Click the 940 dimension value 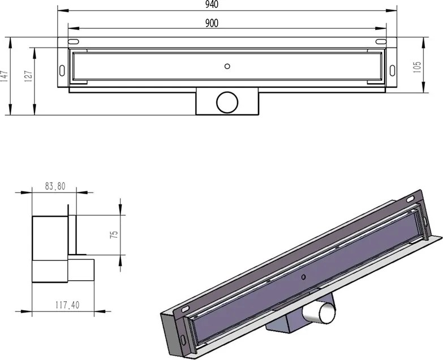coord(212,4)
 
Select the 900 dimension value coord(212,23)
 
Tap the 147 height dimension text coord(4,76)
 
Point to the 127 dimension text coord(28,76)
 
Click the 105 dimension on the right coord(418,67)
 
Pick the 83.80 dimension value coord(55,186)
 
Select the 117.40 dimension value coord(67,305)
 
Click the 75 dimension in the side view coord(114,234)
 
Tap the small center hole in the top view coord(227,66)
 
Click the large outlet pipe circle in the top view coord(227,102)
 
